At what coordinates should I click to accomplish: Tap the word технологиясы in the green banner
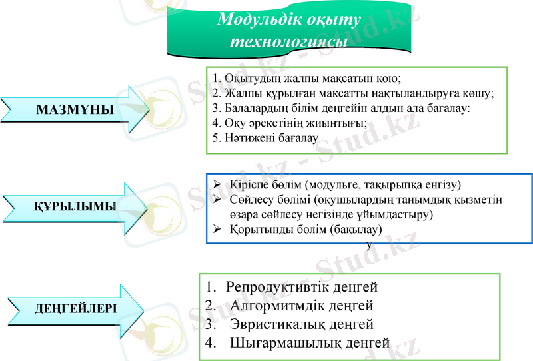click(x=288, y=41)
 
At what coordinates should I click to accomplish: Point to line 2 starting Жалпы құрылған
click(x=353, y=93)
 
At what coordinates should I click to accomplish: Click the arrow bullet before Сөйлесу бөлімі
click(x=217, y=200)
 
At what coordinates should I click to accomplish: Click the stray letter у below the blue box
click(x=369, y=244)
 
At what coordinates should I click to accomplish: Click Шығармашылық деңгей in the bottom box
click(x=309, y=343)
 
